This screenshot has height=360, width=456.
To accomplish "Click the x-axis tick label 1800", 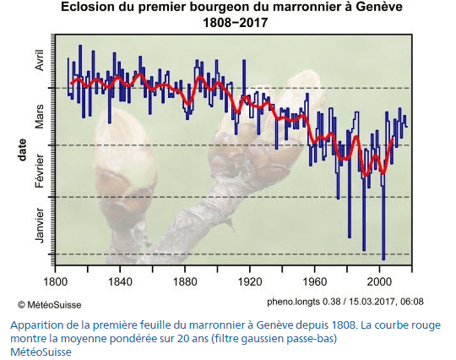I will click(55, 281).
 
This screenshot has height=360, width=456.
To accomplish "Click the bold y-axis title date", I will click(23, 149).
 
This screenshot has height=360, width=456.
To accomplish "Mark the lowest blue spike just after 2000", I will click(383, 257).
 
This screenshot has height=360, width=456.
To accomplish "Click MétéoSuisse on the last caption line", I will click(42, 352).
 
